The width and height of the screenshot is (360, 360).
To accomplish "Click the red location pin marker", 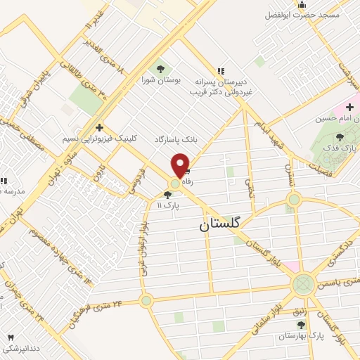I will click(181, 164).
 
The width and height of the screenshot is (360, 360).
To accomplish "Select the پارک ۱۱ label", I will click(169, 205).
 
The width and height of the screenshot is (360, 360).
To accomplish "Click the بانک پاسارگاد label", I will click(176, 140).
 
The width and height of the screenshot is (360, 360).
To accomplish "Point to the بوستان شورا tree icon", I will click(160, 68).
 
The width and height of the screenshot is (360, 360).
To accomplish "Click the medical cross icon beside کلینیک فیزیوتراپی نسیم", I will click(100, 128).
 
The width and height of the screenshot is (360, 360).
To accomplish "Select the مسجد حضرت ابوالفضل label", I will click(302, 15).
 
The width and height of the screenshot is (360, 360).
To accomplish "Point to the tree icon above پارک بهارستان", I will click(302, 324).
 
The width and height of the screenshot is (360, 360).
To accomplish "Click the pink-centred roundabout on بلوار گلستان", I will click(303, 284).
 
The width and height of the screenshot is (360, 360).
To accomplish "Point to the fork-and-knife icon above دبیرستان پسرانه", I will click(221, 70).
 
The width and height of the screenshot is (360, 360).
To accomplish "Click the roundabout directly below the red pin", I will click(174, 185).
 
